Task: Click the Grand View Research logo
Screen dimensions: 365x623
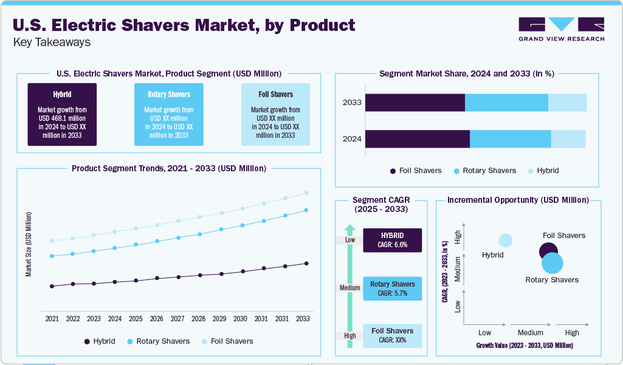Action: click(x=561, y=29)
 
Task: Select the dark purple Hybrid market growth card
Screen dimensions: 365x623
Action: click(x=62, y=114)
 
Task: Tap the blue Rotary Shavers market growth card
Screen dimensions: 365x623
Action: click(x=169, y=114)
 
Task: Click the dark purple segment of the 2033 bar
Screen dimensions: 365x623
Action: click(x=415, y=103)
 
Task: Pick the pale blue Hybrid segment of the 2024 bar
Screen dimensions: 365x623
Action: click(x=568, y=138)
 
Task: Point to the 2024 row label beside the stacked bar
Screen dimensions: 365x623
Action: click(x=352, y=139)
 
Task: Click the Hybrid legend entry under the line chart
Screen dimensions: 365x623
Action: click(x=100, y=341)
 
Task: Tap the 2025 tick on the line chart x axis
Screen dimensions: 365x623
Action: click(x=136, y=319)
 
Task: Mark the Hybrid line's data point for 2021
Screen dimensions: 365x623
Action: click(x=52, y=286)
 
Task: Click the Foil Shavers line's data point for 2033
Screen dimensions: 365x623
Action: click(x=306, y=193)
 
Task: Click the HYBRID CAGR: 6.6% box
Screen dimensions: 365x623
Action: click(x=392, y=240)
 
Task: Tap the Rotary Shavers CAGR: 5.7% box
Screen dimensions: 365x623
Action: click(x=392, y=288)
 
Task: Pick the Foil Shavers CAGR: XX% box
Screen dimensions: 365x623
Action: click(x=392, y=336)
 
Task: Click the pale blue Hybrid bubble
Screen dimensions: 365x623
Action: click(x=505, y=240)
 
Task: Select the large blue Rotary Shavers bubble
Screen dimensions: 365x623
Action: click(x=552, y=264)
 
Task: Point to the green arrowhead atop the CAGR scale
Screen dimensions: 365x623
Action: click(x=349, y=229)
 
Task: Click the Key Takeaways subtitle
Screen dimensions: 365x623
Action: click(x=52, y=43)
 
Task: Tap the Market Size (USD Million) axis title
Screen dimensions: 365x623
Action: click(x=29, y=245)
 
